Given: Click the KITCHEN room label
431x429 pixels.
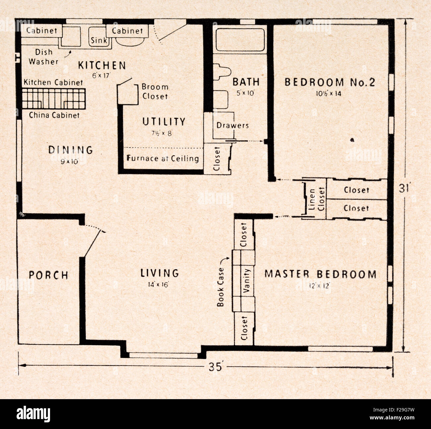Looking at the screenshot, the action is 102,65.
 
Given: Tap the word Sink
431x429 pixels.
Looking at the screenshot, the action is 98,41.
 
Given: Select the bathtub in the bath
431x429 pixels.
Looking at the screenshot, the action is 240,39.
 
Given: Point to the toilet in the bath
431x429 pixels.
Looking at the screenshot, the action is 222,72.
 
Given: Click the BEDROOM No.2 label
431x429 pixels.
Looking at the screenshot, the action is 330,82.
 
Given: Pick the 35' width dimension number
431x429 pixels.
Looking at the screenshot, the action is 215,367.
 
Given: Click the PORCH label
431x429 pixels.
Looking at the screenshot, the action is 48,275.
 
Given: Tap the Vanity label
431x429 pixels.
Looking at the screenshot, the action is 246,281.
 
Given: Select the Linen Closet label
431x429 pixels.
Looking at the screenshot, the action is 317,199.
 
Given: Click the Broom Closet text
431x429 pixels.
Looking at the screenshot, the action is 155,92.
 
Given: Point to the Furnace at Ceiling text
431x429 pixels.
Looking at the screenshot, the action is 163,159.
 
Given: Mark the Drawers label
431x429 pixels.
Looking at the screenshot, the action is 233,125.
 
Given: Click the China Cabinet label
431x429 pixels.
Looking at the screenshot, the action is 54,115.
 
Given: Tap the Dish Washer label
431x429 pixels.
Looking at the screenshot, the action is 43,57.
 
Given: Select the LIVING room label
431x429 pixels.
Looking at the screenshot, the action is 160,273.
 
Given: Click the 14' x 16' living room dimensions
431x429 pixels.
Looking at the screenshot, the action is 158,285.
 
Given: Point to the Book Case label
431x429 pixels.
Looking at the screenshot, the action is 220,287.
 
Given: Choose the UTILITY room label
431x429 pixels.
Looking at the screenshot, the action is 164,121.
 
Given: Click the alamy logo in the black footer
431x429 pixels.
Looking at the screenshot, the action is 33,414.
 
